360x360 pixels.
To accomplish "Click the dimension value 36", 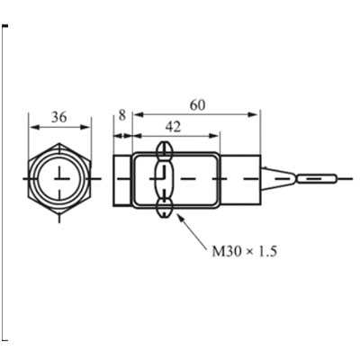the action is (59, 117).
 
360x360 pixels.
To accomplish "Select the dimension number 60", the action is (198, 105).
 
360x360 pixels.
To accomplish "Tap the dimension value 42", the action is (174, 127).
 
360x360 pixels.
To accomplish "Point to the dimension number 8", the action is (122, 115).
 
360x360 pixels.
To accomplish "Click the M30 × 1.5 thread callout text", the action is (244, 251).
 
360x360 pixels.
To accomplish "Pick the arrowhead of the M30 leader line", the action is (180, 218).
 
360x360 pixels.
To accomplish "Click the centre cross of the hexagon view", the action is (60, 179).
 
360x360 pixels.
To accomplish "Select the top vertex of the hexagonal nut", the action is (59, 143).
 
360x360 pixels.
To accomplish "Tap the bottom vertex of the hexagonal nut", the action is (59, 214).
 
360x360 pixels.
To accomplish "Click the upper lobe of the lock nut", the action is (164, 150).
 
